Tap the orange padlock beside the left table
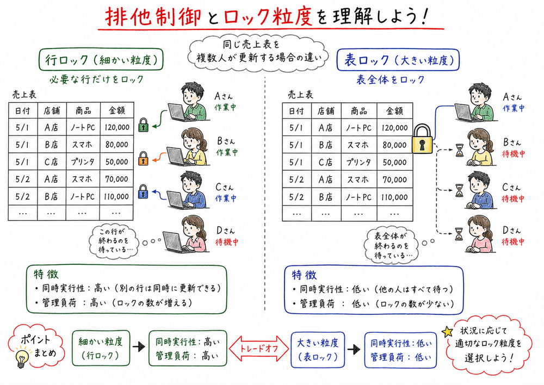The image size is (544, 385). pos(144,159)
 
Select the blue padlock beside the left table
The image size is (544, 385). pos(144,192)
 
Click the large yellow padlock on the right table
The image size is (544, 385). pos(422,139)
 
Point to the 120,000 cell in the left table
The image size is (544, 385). pos(117,128)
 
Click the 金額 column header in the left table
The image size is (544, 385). pos(117,111)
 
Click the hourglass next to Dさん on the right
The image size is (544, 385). pos(460,234)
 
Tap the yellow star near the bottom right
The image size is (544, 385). pos(448,331)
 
